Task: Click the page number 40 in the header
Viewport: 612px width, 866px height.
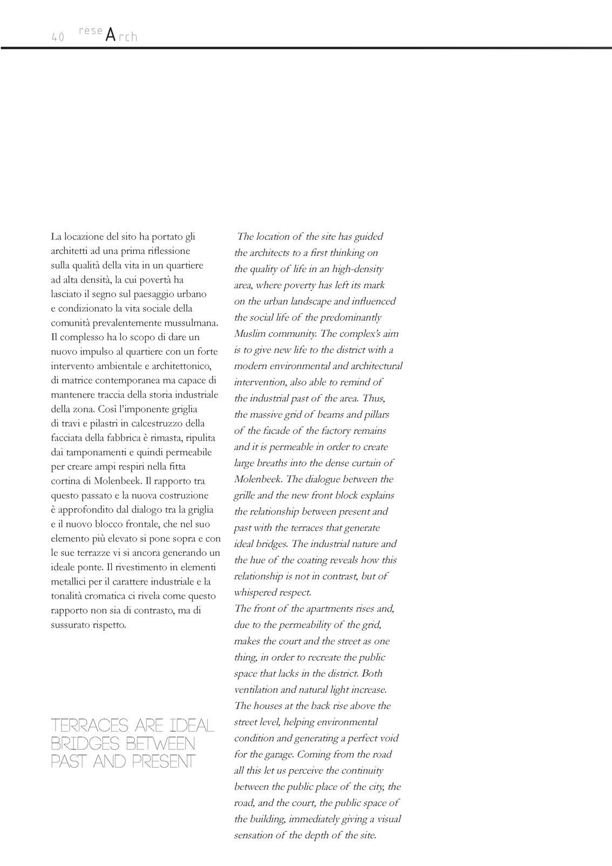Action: click(x=58, y=37)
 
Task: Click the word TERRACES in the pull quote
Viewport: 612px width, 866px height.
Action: click(x=90, y=726)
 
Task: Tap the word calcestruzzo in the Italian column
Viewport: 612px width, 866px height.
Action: click(x=153, y=423)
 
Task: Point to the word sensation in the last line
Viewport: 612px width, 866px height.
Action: click(x=254, y=835)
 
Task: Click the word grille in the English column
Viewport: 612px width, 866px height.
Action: click(x=244, y=496)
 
